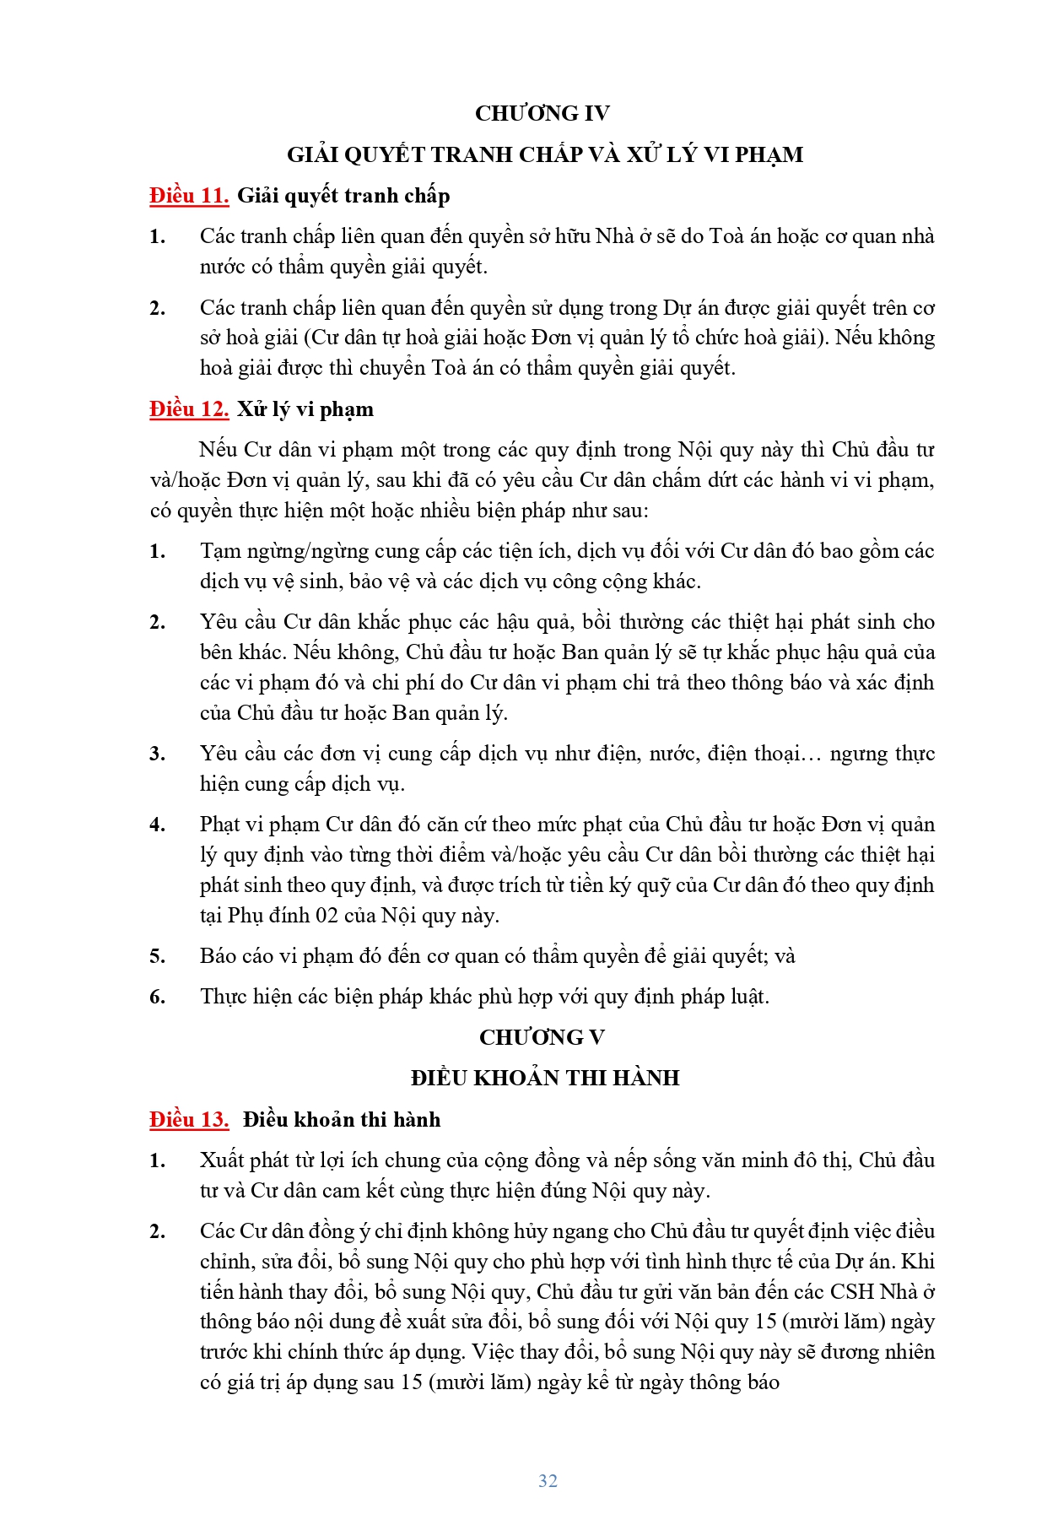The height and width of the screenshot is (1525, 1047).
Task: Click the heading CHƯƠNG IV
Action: coord(542,113)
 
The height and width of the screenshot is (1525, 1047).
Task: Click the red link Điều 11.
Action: coord(189,196)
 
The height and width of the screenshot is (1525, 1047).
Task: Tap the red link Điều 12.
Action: coord(189,409)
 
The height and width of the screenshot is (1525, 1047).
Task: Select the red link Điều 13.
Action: coord(189,1120)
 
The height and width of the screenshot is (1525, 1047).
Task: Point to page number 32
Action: coord(548,1480)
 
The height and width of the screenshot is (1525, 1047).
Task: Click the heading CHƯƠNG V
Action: coord(542,1037)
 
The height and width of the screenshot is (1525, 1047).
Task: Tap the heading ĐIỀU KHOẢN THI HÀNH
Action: coord(545,1078)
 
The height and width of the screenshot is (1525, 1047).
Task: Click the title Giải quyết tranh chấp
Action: coord(343,196)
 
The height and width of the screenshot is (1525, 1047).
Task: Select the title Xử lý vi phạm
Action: coord(305,409)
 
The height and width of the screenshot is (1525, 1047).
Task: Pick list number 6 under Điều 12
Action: coord(157,998)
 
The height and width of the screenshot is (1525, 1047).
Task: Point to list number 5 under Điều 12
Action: coord(157,957)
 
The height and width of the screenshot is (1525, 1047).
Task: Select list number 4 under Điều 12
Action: coord(157,825)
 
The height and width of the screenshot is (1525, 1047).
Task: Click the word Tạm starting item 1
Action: coord(221,552)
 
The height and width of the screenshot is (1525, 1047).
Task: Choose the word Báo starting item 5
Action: coord(219,956)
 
